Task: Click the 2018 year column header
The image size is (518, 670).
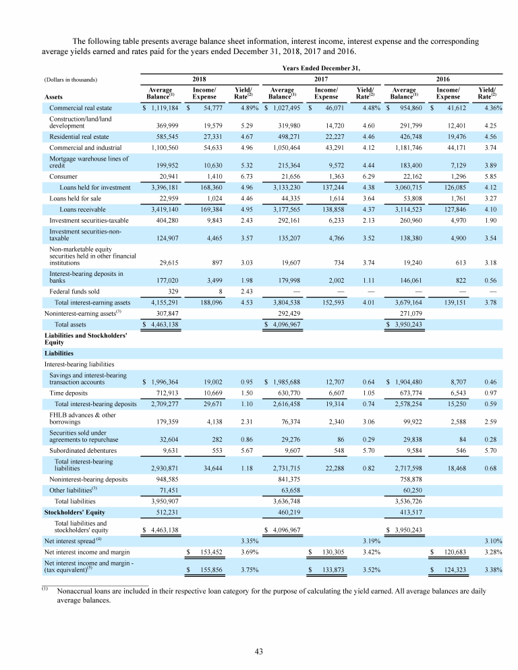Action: [x=200, y=78]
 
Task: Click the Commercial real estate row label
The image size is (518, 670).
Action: [x=80, y=107]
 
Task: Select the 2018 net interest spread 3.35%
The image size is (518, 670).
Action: [x=245, y=540]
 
